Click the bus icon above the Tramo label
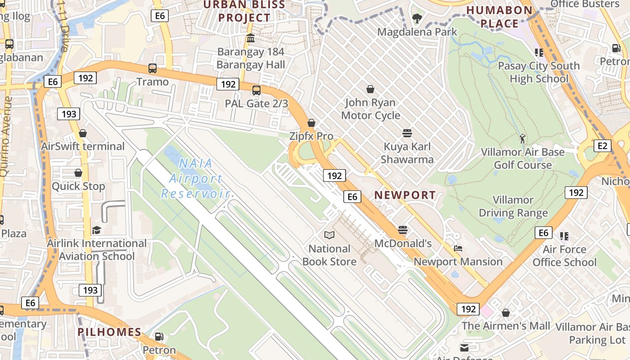click(153, 68)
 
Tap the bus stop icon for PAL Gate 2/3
click(256, 90)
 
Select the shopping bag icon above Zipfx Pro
click(311, 123)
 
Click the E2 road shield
click(603, 146)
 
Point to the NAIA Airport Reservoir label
click(196, 179)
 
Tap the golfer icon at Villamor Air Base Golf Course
click(522, 139)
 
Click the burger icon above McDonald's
click(403, 230)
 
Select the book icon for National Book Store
click(329, 235)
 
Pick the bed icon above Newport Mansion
click(458, 248)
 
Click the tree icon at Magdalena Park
click(417, 18)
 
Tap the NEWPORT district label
click(405, 195)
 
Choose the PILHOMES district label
click(109, 332)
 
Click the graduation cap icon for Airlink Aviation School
click(97, 230)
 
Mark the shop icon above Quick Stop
click(78, 173)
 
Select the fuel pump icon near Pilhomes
click(159, 337)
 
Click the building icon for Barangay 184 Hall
click(251, 38)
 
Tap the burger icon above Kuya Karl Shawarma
click(407, 133)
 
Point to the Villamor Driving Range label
click(513, 206)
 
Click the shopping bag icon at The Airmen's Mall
click(506, 313)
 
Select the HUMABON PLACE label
click(499, 17)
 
